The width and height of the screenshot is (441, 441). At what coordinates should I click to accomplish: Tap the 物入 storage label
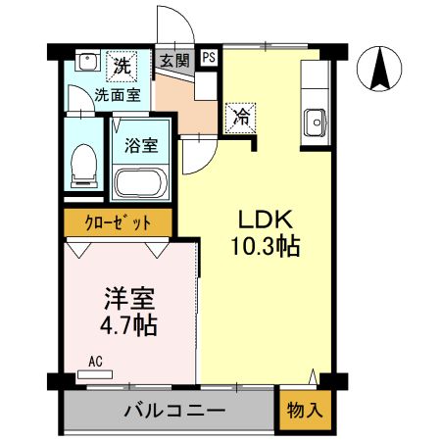tap(304, 411)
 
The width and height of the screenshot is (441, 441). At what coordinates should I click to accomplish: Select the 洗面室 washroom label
tap(118, 95)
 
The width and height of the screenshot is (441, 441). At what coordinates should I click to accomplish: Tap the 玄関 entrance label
tap(174, 60)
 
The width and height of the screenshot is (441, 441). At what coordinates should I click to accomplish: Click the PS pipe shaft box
tap(209, 58)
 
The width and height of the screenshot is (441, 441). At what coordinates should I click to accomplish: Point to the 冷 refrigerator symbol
tap(240, 117)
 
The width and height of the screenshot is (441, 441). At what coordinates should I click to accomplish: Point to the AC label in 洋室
tap(95, 361)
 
